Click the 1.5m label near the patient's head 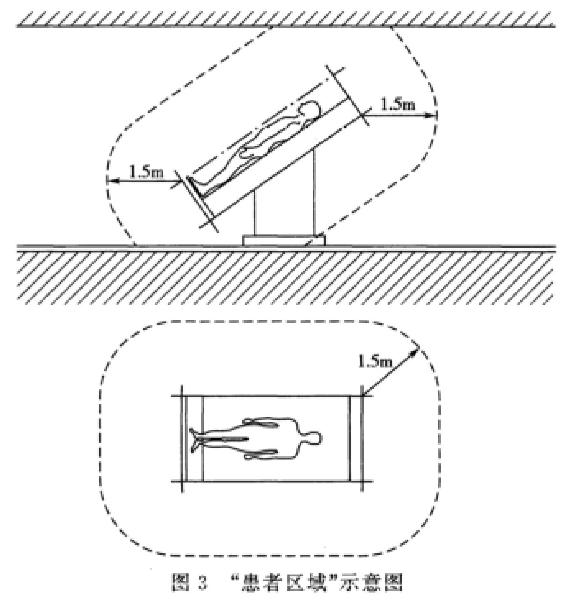pos(397,104)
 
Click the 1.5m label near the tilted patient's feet pos(146,172)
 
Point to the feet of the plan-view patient pos(196,440)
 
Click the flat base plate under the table pos(284,240)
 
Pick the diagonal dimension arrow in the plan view pos(390,372)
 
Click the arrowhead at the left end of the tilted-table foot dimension pos(111,181)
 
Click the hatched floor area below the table pos(286,278)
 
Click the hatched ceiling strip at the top pos(286,19)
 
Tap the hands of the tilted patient pos(252,152)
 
